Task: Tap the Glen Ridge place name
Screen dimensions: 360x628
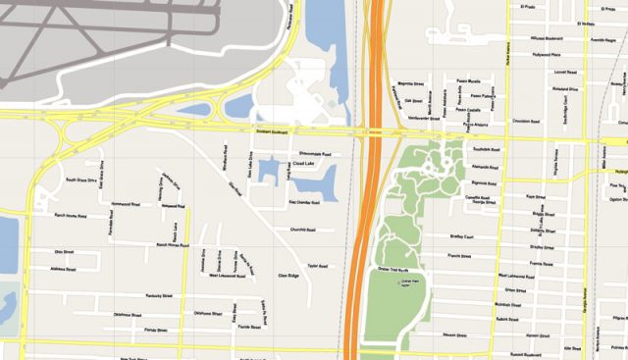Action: pyautogui.click(x=288, y=276)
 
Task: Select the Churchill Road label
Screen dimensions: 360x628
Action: pyautogui.click(x=302, y=231)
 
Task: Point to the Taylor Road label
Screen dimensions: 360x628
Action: pyautogui.click(x=317, y=265)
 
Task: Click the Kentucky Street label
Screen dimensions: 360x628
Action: pyautogui.click(x=158, y=295)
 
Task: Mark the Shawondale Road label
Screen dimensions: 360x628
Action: pyautogui.click(x=314, y=154)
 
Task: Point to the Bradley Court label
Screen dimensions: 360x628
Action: pyautogui.click(x=461, y=236)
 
